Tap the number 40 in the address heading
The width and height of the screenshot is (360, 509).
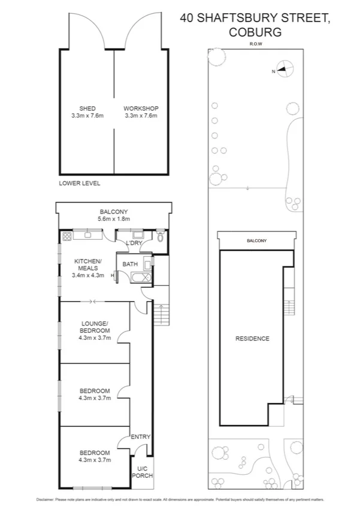[187, 19]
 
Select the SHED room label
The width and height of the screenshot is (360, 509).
[87, 109]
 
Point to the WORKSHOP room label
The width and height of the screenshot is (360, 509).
[141, 109]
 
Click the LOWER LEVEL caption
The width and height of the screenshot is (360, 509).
[79, 183]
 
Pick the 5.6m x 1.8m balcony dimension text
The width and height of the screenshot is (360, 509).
[113, 219]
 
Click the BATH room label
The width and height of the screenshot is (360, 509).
[130, 264]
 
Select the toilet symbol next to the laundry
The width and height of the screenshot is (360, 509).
[159, 236]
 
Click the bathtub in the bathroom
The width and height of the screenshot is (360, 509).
[138, 276]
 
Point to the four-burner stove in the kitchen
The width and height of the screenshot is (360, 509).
[65, 236]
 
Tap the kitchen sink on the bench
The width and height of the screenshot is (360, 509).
[87, 234]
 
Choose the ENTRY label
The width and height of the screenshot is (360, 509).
[141, 437]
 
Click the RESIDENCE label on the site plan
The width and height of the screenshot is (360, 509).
[253, 339]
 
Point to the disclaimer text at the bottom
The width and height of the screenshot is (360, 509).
[180, 499]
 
